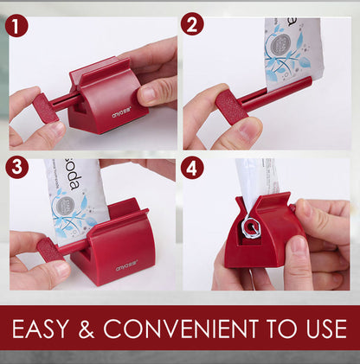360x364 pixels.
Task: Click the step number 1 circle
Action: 16,27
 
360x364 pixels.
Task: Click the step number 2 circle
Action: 192,22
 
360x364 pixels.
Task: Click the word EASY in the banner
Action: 55,329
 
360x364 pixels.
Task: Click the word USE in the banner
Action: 323,329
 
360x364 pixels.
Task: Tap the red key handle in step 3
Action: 49,251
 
